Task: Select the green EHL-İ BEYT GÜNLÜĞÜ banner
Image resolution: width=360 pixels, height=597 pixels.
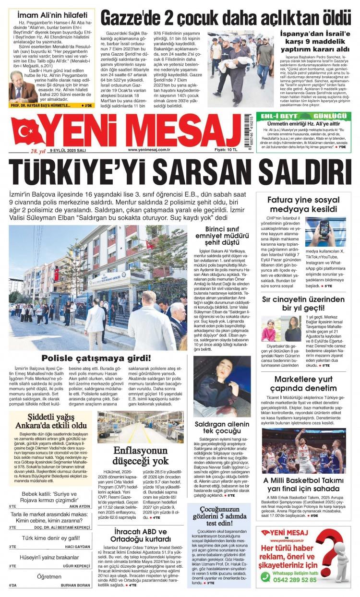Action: (302, 116)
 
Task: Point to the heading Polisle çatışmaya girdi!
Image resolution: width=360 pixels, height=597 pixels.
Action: (96, 358)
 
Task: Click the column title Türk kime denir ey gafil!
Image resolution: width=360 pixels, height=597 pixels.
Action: (49, 538)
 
